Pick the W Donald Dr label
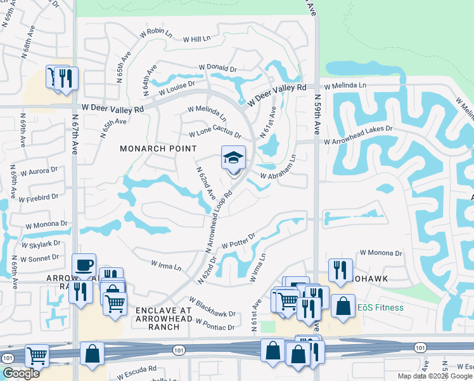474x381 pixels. point(217,67)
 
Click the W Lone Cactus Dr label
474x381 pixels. point(215,135)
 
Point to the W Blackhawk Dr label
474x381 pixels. point(212,307)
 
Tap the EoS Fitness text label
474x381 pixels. point(380,308)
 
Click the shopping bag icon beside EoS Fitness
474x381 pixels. point(343,306)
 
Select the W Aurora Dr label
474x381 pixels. point(39,171)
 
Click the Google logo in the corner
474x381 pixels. point(21,373)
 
